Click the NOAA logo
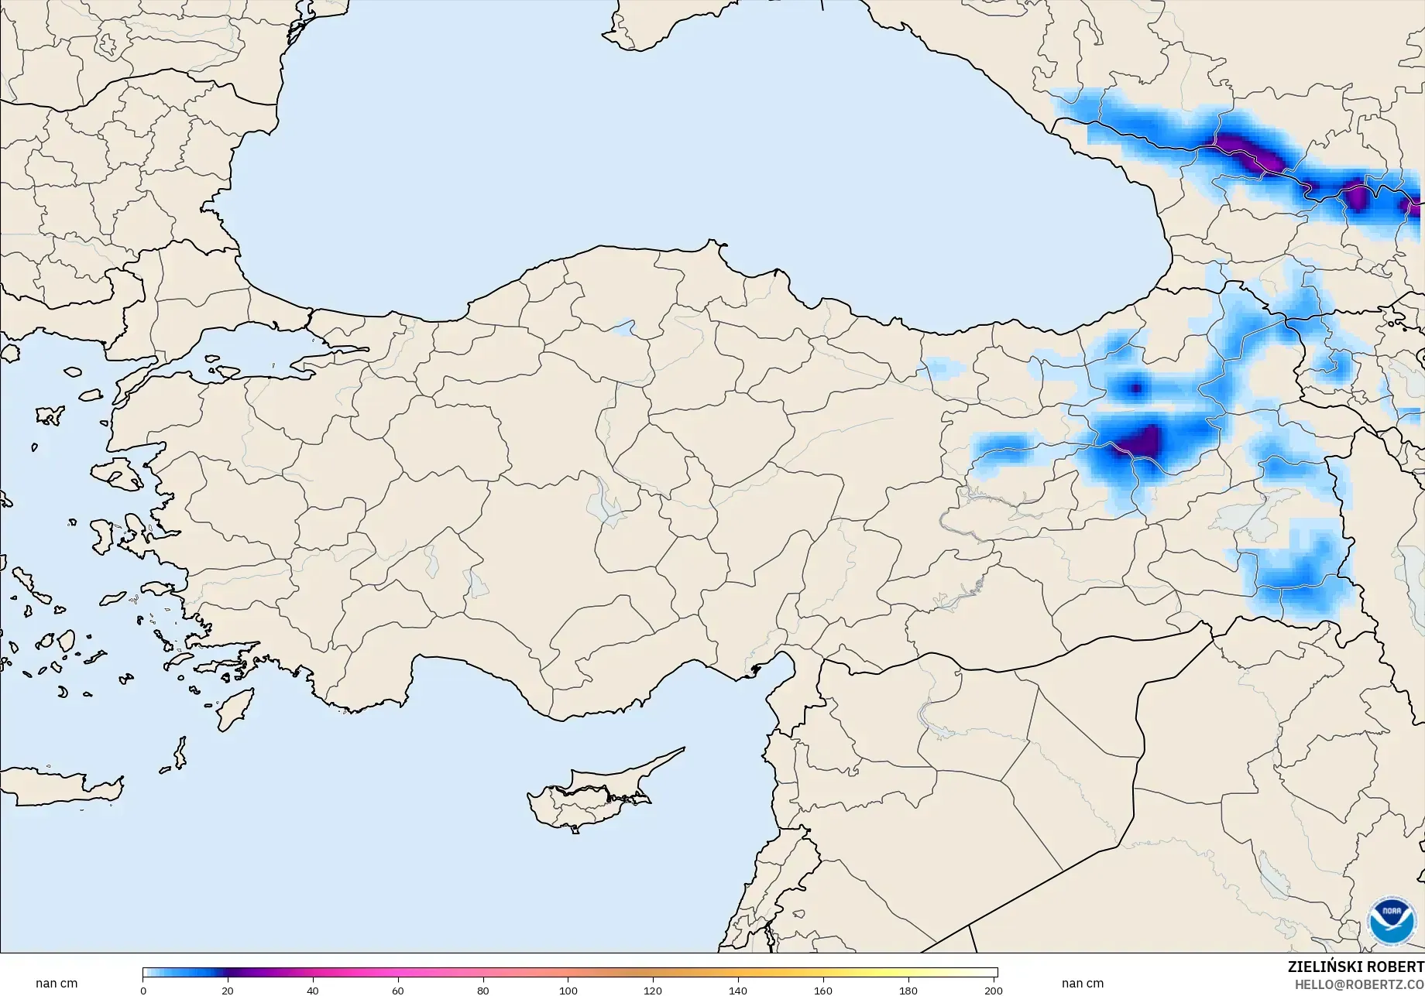coord(1391,921)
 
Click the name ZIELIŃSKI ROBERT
coord(1355,967)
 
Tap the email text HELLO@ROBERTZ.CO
coord(1360,984)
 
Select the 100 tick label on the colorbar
coord(568,991)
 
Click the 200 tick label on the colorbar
coord(994,991)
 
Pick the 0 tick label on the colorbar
coord(143,991)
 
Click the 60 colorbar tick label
coord(398,991)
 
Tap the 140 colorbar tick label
coord(738,991)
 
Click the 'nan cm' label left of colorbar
coord(57,984)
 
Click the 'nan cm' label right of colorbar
coord(1082,984)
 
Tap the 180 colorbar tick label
coord(908,991)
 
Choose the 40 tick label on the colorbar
coord(313,991)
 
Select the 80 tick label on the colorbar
coord(483,991)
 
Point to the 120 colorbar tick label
coord(653,991)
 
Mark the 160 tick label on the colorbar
coord(823,991)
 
